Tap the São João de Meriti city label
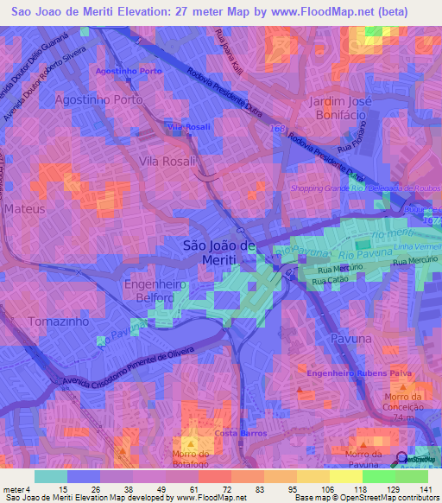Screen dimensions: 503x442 pos(220,252)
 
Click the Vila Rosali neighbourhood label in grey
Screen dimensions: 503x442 pos(168,162)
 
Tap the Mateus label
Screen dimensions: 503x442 pos(24,209)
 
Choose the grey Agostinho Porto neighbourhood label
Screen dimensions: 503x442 pos(98,99)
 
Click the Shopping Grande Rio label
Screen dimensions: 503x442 pos(328,189)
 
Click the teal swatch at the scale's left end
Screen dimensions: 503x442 pos(50,476)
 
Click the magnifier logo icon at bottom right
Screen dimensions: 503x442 pos(401,459)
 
